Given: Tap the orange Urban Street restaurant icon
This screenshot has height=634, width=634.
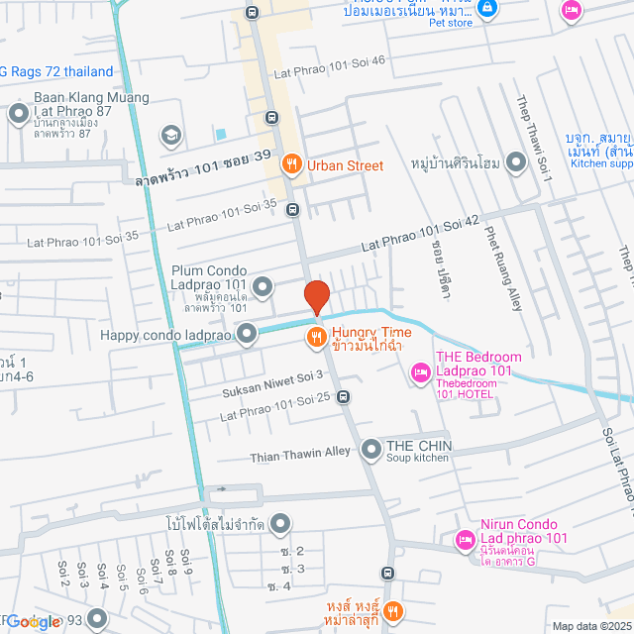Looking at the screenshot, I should point(291,165).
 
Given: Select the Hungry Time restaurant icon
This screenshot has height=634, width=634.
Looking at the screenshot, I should point(316,337).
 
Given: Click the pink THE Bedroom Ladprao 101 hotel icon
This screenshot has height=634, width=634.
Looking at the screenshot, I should point(418,370).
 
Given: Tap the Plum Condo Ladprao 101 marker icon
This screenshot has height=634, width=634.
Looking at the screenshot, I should point(263,287).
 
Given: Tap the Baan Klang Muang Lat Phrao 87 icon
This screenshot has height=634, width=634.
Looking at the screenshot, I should point(18,115).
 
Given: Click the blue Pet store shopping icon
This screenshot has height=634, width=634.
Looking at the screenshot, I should point(486,9).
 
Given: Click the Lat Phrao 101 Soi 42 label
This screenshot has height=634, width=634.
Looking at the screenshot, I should point(421,234).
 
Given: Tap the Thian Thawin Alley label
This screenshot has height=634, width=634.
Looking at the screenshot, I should point(298,452).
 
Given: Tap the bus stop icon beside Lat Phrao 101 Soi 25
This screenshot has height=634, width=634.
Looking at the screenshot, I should point(343,397).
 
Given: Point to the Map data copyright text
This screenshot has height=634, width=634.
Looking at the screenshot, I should point(590,626).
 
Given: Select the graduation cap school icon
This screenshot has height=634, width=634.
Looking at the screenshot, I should point(170,134).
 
